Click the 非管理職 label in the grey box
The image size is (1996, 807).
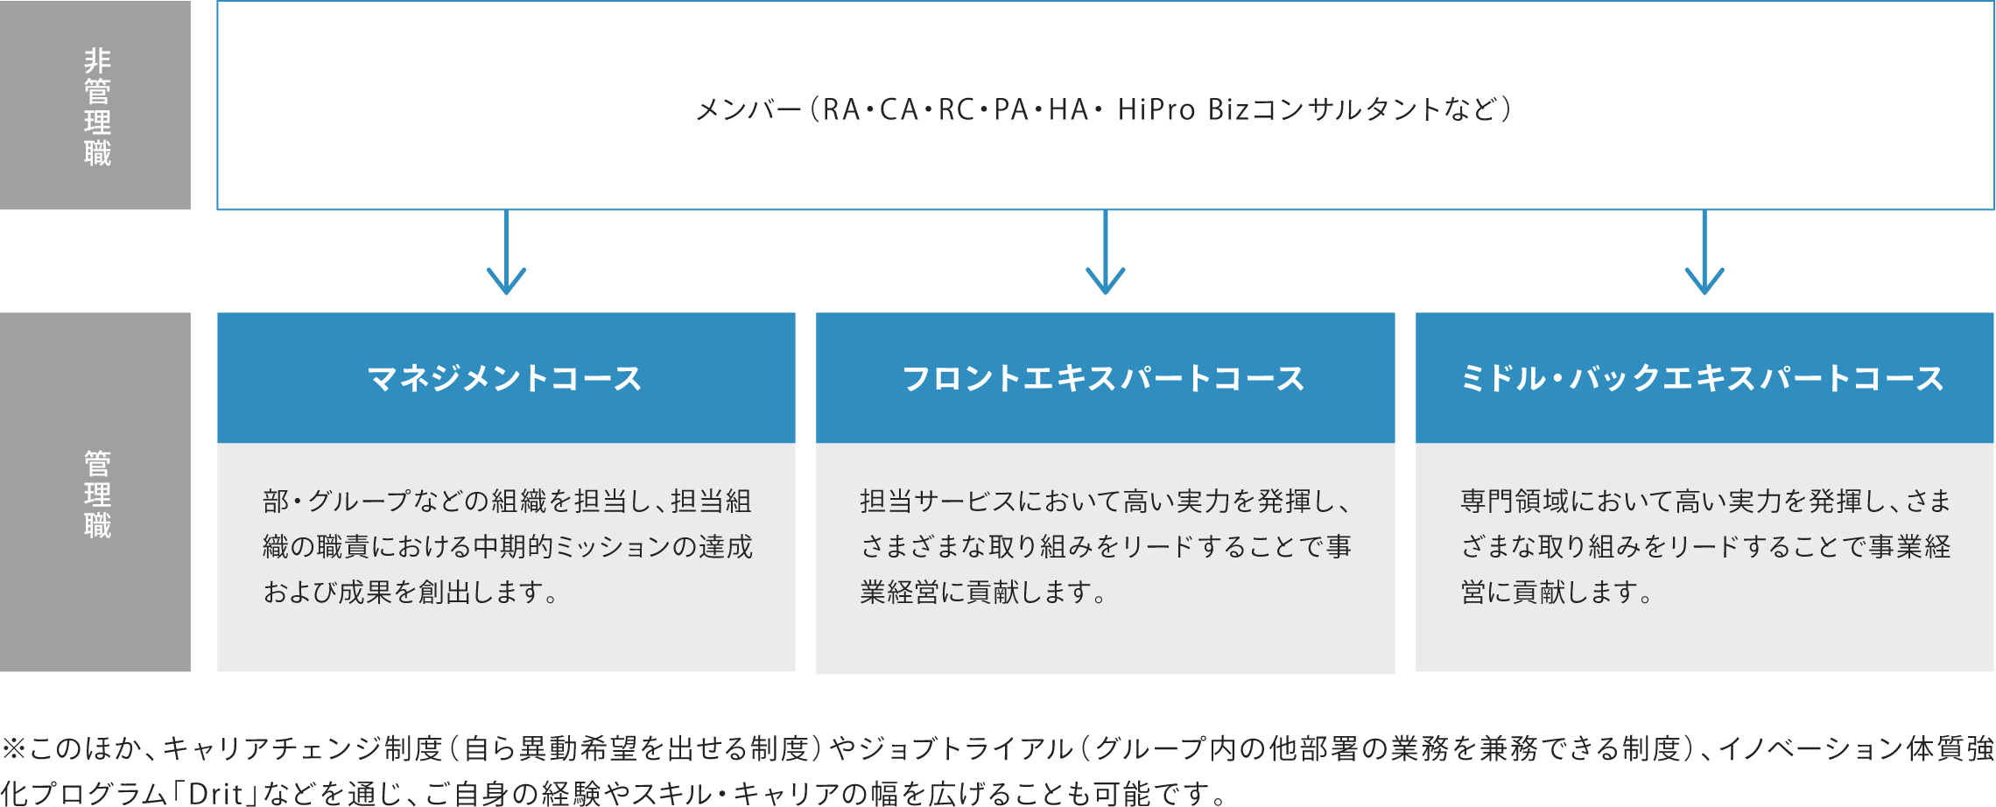pyautogui.click(x=97, y=107)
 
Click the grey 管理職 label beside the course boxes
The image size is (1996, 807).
pyautogui.click(x=97, y=495)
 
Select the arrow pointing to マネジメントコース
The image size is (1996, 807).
pyautogui.click(x=506, y=252)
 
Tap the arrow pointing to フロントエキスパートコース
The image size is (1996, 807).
pyautogui.click(x=1106, y=252)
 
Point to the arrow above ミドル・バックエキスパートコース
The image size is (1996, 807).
pyautogui.click(x=1704, y=252)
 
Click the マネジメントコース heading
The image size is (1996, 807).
pyautogui.click(x=505, y=378)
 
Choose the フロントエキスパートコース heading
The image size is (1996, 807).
pyautogui.click(x=1104, y=378)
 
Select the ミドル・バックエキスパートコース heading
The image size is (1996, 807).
pyautogui.click(x=1703, y=378)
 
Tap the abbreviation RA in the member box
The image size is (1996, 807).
pyautogui.click(x=842, y=109)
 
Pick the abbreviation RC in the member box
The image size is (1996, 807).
pyautogui.click(x=957, y=109)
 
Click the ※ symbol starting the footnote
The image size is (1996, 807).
pyautogui.click(x=14, y=748)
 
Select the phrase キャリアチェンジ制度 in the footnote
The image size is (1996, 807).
pyautogui.click(x=303, y=748)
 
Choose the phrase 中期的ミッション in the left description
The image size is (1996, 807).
pyautogui.click(x=572, y=546)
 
